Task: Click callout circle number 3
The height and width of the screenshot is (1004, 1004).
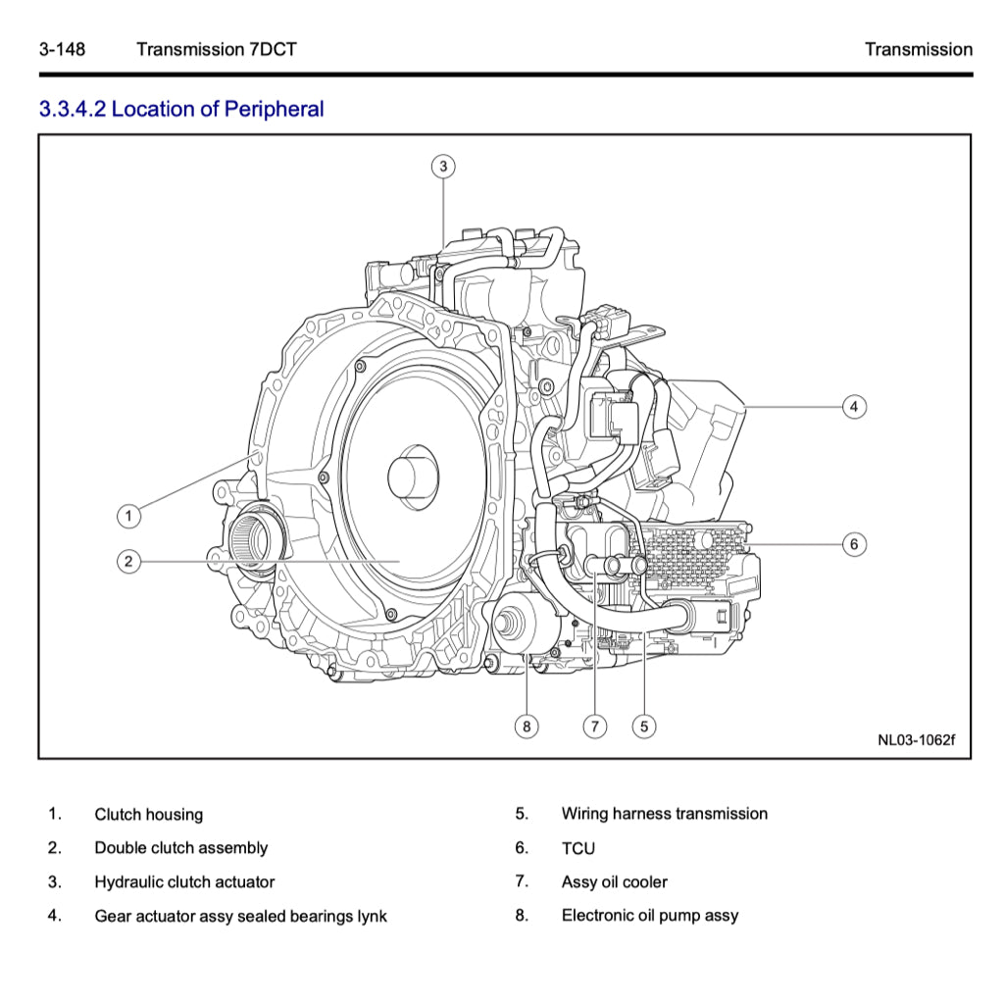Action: tap(443, 167)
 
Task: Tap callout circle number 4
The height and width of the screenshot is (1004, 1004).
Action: tap(854, 406)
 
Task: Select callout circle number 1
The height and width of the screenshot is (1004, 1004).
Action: tap(127, 514)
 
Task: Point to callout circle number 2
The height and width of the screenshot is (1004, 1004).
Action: tap(127, 561)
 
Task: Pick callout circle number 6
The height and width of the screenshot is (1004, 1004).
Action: tap(854, 543)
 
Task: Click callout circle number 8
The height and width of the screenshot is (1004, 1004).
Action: tap(527, 727)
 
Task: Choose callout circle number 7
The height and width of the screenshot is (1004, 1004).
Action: tap(594, 727)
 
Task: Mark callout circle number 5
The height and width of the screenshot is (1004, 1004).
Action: tap(643, 727)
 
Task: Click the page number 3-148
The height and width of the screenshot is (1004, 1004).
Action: tap(62, 49)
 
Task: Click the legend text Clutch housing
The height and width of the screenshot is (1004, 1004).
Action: tap(149, 814)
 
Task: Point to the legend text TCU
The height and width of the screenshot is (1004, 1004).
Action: tap(577, 848)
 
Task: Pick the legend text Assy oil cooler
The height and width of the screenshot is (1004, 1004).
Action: tap(614, 881)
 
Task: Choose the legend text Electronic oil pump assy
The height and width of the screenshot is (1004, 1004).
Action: tap(650, 915)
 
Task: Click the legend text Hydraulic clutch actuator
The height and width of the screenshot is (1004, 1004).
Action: tap(184, 881)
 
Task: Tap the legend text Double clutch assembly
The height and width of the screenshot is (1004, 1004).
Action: tap(180, 847)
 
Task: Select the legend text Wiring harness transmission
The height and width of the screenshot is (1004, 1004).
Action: tap(664, 814)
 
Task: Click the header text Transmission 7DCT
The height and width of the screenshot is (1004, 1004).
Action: tap(216, 49)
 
